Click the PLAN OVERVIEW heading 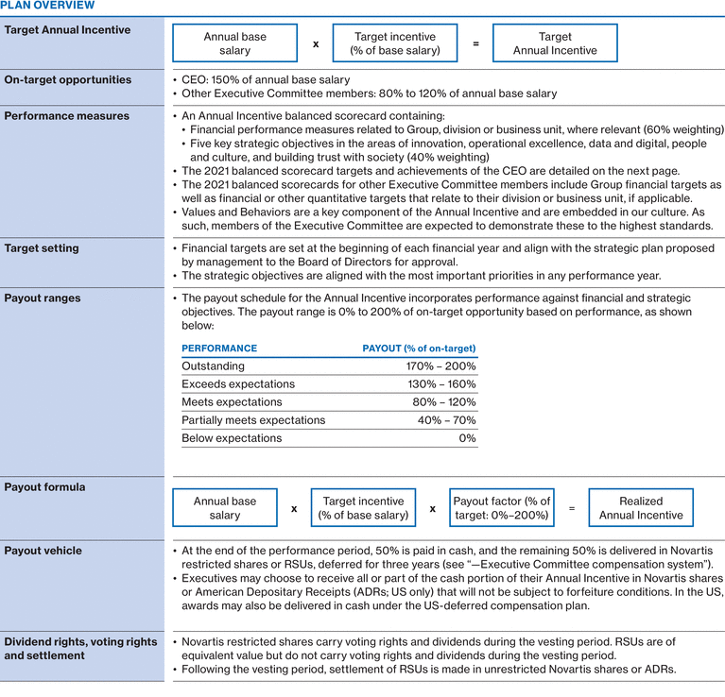pyautogui.click(x=47, y=6)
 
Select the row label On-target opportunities pyautogui.click(x=67, y=79)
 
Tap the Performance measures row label pyautogui.click(x=67, y=116)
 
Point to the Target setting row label pyautogui.click(x=42, y=248)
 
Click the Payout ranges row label pyautogui.click(x=43, y=298)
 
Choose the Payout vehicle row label pyautogui.click(x=43, y=551)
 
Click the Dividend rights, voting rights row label pyautogui.click(x=80, y=642)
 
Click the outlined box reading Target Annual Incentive pyautogui.click(x=555, y=43)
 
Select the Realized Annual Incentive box pyautogui.click(x=640, y=508)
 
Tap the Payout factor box pyautogui.click(x=501, y=508)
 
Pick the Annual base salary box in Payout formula pyautogui.click(x=225, y=508)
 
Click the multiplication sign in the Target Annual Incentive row pyautogui.click(x=316, y=44)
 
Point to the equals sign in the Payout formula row pyautogui.click(x=571, y=508)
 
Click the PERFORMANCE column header pyautogui.click(x=219, y=348)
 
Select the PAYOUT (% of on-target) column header pyautogui.click(x=419, y=348)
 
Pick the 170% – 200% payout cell pyautogui.click(x=444, y=366)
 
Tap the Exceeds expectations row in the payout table pyautogui.click(x=238, y=384)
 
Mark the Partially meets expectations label pyautogui.click(x=253, y=420)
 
